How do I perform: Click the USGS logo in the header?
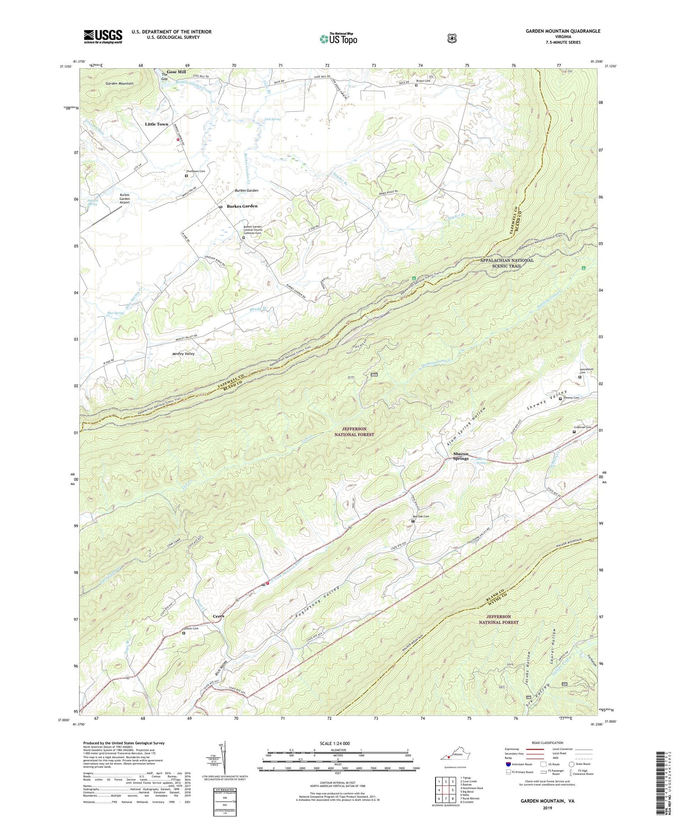[103, 36]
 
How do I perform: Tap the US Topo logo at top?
[338, 38]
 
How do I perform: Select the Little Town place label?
[156, 124]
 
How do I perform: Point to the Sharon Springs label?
[461, 456]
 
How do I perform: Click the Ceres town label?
[218, 616]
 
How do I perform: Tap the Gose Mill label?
[176, 72]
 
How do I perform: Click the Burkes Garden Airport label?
[125, 199]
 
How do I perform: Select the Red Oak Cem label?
[421, 516]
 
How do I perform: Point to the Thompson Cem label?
[196, 171]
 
